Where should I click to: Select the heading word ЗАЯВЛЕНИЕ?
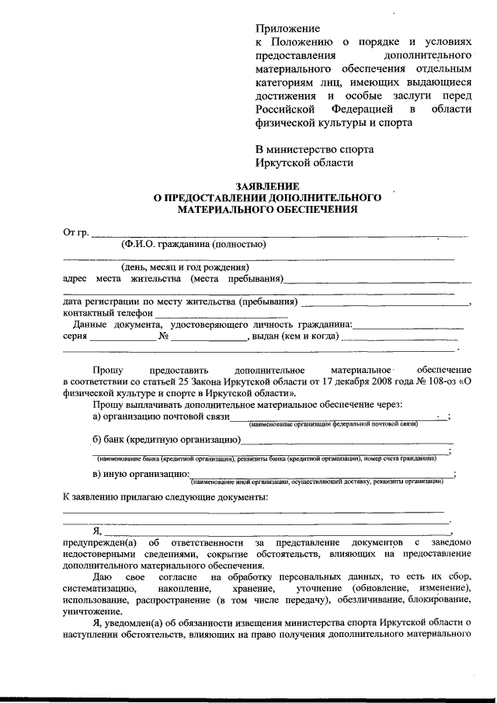[x=267, y=186]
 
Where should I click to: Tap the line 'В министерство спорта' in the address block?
[x=315, y=148]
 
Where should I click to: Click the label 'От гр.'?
[x=75, y=231]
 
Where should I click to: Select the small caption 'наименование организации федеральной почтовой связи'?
[x=334, y=424]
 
